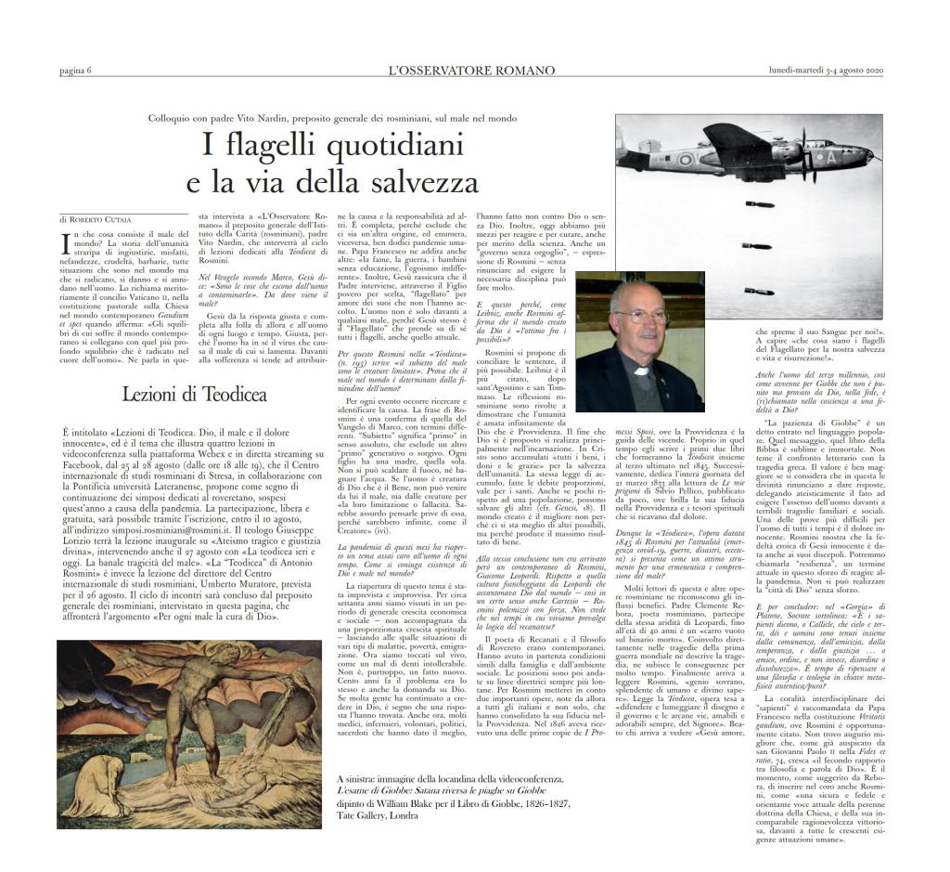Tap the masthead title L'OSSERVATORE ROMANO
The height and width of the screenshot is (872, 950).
[x=472, y=72]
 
